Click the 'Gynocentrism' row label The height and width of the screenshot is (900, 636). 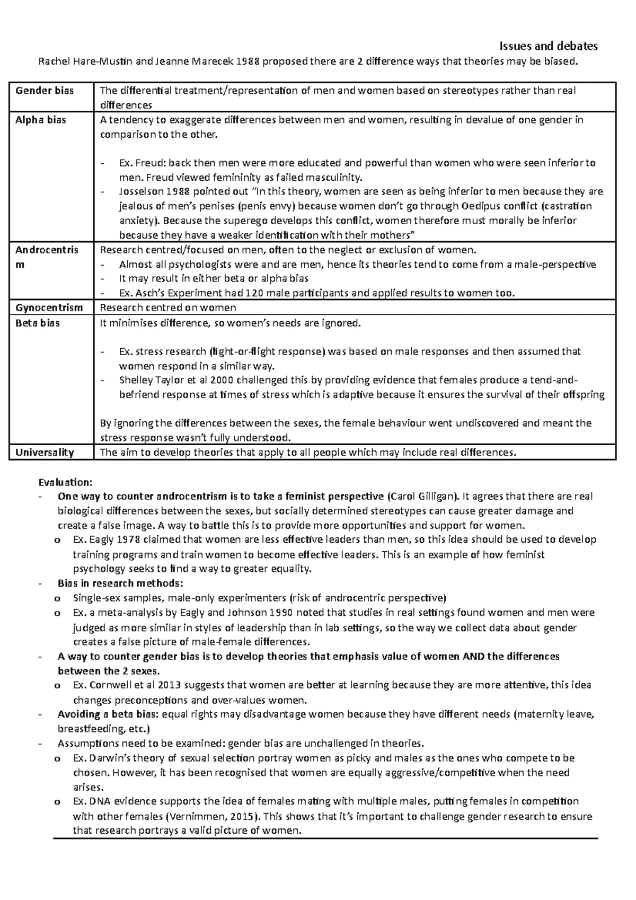tap(49, 308)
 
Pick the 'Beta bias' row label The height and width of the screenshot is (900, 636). tap(38, 323)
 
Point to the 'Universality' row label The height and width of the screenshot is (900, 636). tap(45, 453)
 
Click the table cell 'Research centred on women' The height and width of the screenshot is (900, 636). tap(168, 308)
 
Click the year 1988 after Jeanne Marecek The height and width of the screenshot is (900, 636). tap(248, 61)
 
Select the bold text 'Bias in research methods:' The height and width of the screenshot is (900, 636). tap(120, 584)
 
